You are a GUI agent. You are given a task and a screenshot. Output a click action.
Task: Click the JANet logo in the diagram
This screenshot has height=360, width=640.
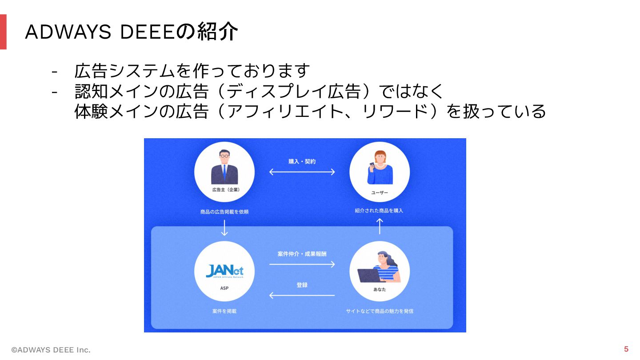(224, 271)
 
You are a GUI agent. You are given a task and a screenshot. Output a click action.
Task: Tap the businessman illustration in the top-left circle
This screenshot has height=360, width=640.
(224, 168)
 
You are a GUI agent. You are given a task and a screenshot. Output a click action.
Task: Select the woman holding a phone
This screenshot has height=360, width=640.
(380, 168)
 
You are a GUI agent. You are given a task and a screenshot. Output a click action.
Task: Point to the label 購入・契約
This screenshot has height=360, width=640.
(302, 161)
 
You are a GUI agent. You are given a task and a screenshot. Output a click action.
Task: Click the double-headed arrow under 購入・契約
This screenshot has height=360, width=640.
(302, 172)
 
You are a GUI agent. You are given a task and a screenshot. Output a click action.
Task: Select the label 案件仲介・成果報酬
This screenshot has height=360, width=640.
(302, 254)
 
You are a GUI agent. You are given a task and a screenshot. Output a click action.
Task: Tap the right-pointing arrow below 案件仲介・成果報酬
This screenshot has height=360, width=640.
(302, 264)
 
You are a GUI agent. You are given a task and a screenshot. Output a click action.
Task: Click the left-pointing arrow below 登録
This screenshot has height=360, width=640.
(302, 295)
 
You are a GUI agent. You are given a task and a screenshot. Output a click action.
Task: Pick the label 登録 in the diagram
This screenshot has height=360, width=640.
(302, 285)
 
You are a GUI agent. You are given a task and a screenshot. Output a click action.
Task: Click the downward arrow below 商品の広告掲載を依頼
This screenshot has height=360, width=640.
(224, 228)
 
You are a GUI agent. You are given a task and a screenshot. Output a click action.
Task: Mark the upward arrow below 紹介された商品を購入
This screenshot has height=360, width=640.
(379, 226)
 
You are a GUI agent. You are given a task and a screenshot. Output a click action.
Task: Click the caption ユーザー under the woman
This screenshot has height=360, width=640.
(379, 192)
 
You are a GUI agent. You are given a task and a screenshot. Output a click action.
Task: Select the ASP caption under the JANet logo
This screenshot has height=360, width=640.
(224, 288)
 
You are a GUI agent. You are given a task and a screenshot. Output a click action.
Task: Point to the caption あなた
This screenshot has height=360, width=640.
(379, 289)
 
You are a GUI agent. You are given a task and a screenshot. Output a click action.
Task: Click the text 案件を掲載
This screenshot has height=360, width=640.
(224, 311)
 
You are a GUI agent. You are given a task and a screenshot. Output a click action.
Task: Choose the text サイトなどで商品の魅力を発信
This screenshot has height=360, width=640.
(379, 311)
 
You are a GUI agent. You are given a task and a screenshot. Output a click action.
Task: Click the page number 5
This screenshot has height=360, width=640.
(626, 349)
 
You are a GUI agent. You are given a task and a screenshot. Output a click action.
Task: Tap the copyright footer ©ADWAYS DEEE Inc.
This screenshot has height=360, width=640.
(51, 350)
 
